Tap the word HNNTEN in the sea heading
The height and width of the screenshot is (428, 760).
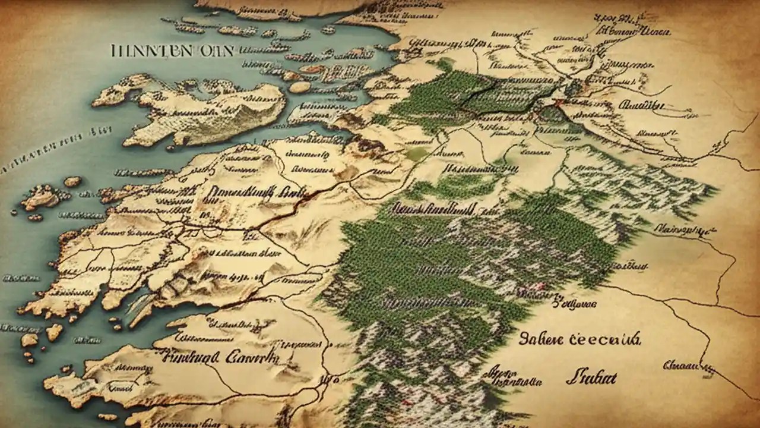coord(151,51)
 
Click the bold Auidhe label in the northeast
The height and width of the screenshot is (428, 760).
coord(640,106)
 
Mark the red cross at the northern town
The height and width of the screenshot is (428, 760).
coord(557,103)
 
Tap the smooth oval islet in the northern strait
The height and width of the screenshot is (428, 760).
coord(300,87)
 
